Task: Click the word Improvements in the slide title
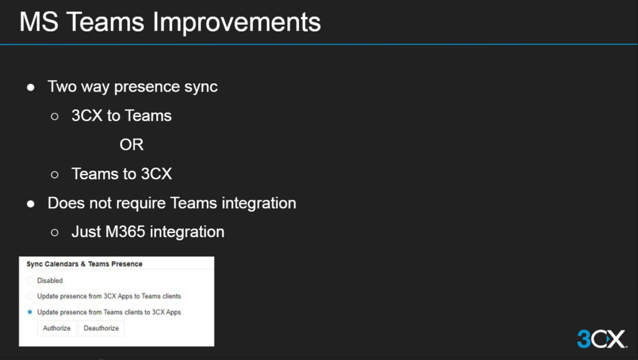point(236,23)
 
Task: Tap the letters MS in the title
point(39,22)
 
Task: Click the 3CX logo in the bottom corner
point(602,338)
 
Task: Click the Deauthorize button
point(102,328)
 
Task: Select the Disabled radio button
point(30,280)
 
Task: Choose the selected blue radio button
point(30,312)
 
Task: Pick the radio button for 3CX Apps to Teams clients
point(30,296)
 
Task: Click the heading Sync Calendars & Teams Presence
point(84,264)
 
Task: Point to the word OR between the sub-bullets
point(131,145)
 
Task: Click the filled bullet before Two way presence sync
point(31,87)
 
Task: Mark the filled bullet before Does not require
point(31,204)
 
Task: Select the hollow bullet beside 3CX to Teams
point(55,116)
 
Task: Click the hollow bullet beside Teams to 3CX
point(55,174)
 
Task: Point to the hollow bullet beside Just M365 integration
point(55,232)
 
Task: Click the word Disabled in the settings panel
point(50,281)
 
